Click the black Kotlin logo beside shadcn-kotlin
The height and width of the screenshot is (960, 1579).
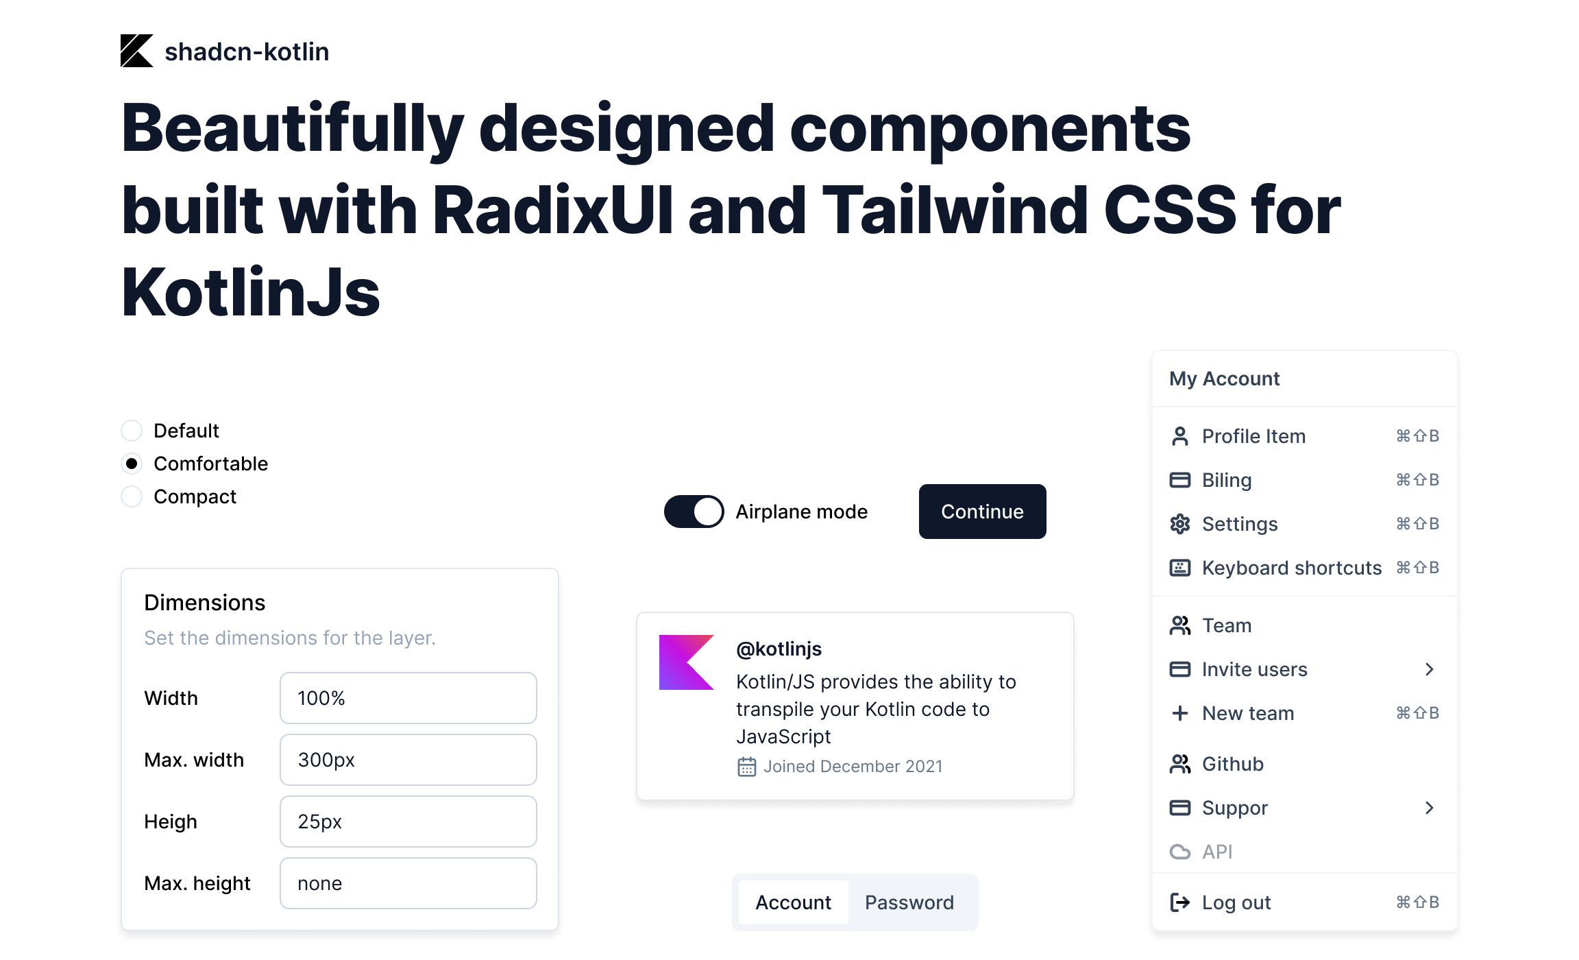pyautogui.click(x=136, y=51)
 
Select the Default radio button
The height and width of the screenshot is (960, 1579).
pyautogui.click(x=132, y=431)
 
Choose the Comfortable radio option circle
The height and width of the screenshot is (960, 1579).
pyautogui.click(x=132, y=464)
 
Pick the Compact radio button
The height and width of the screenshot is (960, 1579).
pyautogui.click(x=132, y=496)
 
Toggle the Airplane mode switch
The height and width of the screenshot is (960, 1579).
pyautogui.click(x=694, y=512)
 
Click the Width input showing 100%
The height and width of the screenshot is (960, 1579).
pyautogui.click(x=408, y=698)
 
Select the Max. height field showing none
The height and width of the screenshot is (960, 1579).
pyautogui.click(x=408, y=883)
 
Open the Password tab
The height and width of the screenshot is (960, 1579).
pyautogui.click(x=909, y=902)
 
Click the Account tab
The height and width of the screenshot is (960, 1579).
pyautogui.click(x=793, y=902)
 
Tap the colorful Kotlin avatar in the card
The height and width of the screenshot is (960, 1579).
pyautogui.click(x=686, y=662)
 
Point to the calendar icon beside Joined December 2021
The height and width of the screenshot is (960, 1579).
pyautogui.click(x=746, y=767)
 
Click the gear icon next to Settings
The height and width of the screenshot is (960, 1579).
pyautogui.click(x=1179, y=524)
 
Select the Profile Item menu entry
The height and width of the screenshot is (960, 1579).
pyautogui.click(x=1253, y=436)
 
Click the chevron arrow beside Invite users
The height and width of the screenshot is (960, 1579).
pyautogui.click(x=1429, y=669)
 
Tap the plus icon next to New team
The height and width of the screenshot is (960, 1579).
pyautogui.click(x=1179, y=713)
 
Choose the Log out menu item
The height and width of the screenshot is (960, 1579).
pyautogui.click(x=1236, y=902)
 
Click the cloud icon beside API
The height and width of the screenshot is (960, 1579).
pyautogui.click(x=1179, y=852)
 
